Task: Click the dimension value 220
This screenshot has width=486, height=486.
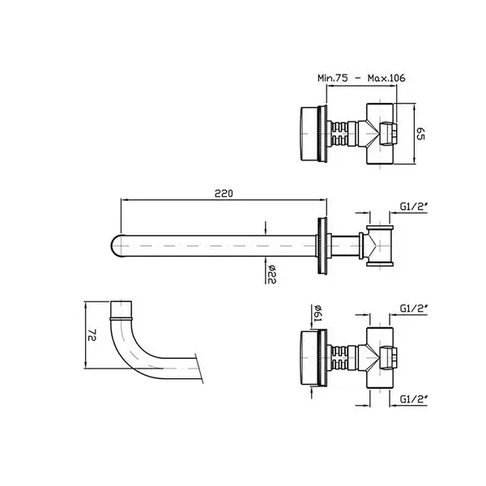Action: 224,194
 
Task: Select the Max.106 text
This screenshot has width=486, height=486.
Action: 386,78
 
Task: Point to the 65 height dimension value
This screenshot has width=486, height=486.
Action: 420,134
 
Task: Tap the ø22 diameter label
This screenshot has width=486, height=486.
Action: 271,275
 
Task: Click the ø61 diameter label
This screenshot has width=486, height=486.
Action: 318,313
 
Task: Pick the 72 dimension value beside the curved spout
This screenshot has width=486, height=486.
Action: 92,335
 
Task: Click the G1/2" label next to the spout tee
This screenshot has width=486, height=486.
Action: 414,206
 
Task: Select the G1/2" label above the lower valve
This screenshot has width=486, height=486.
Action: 414,309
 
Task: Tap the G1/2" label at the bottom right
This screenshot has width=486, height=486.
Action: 414,399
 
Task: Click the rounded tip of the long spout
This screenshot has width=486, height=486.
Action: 114,245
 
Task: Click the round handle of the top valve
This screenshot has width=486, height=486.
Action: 309,134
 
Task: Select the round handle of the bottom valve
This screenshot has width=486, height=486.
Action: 309,358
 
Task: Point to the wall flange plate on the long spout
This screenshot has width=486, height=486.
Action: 322,245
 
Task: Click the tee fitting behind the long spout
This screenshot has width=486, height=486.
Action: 380,245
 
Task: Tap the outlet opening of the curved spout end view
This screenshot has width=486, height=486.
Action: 122,303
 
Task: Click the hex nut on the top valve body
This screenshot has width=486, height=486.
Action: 388,134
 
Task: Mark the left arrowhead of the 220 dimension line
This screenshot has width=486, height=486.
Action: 123,200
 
